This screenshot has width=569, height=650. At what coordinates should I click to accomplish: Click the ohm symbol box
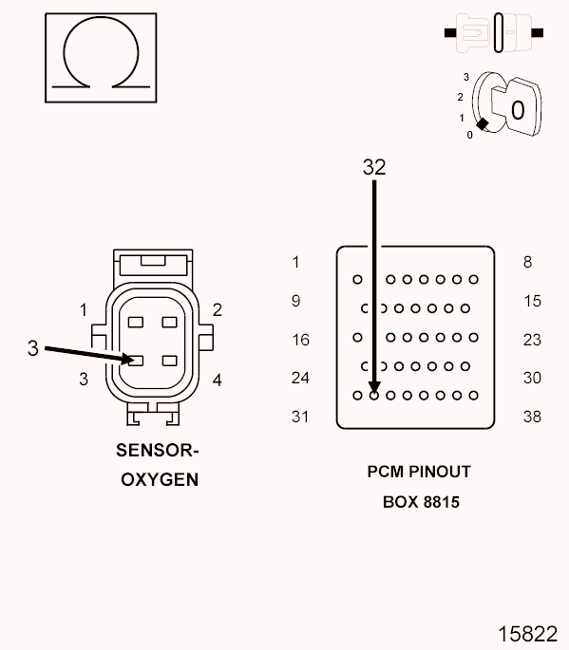[x=101, y=58]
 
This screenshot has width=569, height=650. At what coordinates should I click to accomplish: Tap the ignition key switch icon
[x=503, y=106]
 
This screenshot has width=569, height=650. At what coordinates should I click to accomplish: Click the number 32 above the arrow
[x=374, y=167]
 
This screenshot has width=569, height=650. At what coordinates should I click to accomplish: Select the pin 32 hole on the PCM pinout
[x=374, y=394]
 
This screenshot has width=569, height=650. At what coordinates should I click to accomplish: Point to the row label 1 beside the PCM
[x=296, y=263]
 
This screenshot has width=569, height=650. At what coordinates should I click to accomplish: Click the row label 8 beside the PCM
[x=527, y=263]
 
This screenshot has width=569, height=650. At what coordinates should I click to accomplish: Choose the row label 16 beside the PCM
[x=300, y=340]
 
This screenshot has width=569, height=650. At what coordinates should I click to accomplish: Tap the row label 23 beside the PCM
[x=532, y=340]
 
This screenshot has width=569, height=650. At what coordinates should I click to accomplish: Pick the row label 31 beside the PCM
[x=300, y=417]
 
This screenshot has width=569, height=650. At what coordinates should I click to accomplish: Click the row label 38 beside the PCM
[x=532, y=417]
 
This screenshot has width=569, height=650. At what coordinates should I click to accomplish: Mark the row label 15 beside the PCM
[x=532, y=301]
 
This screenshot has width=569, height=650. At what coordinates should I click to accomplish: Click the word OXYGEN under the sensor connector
[x=160, y=479]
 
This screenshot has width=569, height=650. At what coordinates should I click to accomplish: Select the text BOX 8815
[x=421, y=502]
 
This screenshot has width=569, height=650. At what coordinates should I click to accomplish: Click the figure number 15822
[x=527, y=633]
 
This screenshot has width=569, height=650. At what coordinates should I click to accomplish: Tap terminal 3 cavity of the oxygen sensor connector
[x=136, y=361]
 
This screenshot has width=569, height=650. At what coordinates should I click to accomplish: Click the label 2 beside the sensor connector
[x=218, y=309]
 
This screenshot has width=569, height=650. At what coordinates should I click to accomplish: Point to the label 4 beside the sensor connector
[x=218, y=381]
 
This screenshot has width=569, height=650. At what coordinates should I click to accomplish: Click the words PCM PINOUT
[x=419, y=472]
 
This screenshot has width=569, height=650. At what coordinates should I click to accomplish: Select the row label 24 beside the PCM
[x=300, y=378]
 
